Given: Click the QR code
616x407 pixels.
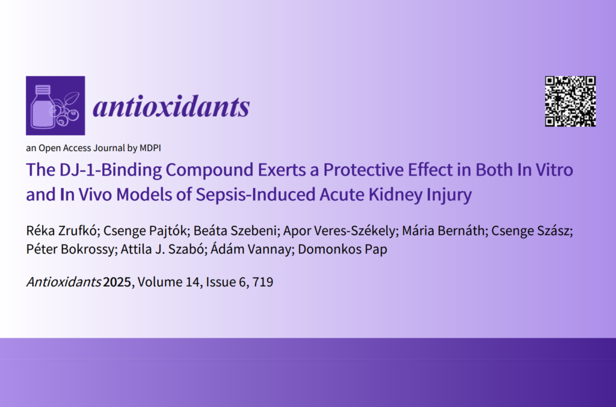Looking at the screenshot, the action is (x=570, y=102).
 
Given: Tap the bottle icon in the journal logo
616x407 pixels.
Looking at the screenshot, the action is (x=43, y=107).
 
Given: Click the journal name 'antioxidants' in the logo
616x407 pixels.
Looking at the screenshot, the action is (x=171, y=106).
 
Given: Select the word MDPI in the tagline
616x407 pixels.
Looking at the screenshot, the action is (x=150, y=148).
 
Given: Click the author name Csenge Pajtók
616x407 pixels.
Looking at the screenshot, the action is (x=144, y=231).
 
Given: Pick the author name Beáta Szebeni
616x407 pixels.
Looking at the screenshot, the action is (x=235, y=231).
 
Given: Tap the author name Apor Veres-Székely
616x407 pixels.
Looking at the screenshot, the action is (x=339, y=231).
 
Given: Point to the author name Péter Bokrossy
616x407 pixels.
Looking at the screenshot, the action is (x=70, y=249).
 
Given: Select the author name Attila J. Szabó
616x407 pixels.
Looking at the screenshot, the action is (x=161, y=249).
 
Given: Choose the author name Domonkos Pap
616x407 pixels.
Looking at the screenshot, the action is (x=342, y=249).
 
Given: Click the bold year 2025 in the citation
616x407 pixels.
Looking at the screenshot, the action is (x=117, y=282).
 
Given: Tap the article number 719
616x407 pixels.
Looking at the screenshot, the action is (x=263, y=282).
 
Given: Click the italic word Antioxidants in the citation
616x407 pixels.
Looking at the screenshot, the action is (x=64, y=282).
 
